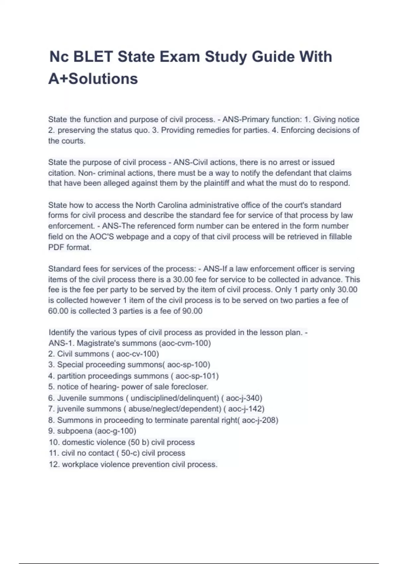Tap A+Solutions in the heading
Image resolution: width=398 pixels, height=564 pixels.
[93, 79]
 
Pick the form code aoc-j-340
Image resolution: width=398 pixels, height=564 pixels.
[244, 398]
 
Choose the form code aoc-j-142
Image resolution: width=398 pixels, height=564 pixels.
[246, 409]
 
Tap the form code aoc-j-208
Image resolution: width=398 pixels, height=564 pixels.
[259, 420]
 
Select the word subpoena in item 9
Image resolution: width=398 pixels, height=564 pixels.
[75, 431]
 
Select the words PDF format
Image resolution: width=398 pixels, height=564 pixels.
[70, 247]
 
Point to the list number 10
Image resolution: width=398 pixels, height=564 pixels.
[54, 442]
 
